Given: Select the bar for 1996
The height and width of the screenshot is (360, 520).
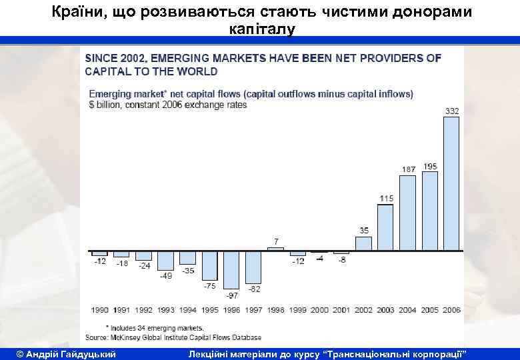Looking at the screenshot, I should click(231, 269).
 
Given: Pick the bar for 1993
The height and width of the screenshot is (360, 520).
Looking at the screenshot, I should click(165, 260).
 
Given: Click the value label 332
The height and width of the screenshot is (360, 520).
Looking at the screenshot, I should click(451, 111).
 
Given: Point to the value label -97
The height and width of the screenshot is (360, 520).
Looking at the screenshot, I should click(231, 294).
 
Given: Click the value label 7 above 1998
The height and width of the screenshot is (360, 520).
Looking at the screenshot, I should click(276, 240).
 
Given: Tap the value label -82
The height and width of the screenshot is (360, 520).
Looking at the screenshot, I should click(254, 289).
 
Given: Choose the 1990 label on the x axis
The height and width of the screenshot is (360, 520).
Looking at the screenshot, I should click(100, 310).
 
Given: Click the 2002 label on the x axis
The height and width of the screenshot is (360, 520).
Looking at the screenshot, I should click(363, 310).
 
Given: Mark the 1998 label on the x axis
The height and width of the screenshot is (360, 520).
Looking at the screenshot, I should click(276, 310).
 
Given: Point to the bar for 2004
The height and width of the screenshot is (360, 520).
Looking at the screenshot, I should click(407, 213).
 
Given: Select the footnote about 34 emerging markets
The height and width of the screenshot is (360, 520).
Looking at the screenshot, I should click(155, 328).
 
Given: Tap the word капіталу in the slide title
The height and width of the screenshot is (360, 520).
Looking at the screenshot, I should click(260, 29).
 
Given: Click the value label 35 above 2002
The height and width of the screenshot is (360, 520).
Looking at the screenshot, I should click(364, 230).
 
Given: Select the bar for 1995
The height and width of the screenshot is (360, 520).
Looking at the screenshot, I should click(209, 265).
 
